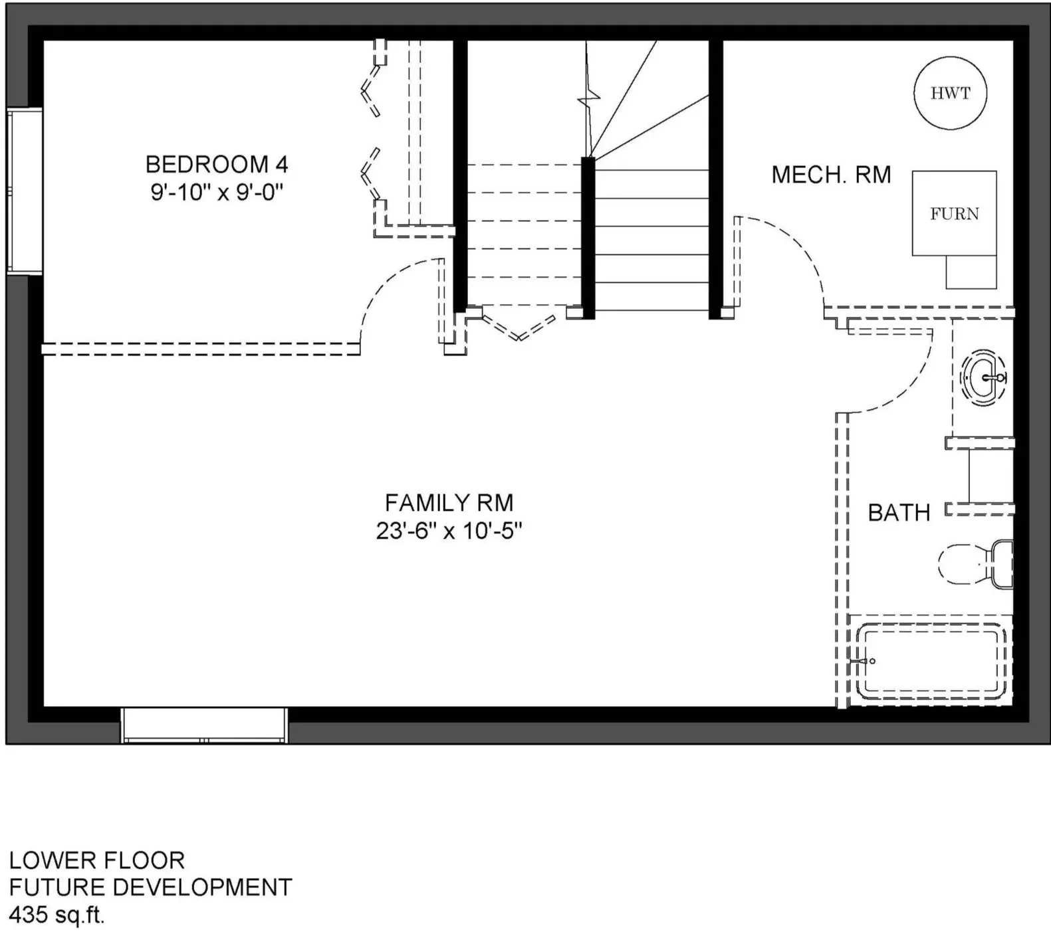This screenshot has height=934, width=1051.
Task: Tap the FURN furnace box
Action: pyautogui.click(x=954, y=213)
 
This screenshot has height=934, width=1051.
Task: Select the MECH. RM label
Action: pyautogui.click(x=831, y=175)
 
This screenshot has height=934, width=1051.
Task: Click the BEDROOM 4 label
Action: pyautogui.click(x=217, y=164)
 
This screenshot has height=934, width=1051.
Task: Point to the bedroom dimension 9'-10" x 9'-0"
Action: pyautogui.click(x=217, y=193)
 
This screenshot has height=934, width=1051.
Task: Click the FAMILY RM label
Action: pyautogui.click(x=449, y=502)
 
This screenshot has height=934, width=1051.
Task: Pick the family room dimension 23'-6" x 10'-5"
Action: pyautogui.click(x=449, y=531)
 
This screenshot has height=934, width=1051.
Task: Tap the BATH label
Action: pyautogui.click(x=899, y=513)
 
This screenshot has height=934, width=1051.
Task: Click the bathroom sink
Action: pyautogui.click(x=983, y=378)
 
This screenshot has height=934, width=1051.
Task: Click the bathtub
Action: pyautogui.click(x=931, y=661)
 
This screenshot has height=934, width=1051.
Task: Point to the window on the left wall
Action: pyautogui.click(x=25, y=191)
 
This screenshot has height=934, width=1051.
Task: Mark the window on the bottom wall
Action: pyautogui.click(x=204, y=725)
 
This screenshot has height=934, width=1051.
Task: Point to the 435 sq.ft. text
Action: pyautogui.click(x=57, y=915)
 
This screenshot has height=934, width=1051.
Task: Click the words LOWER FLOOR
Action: pyautogui.click(x=96, y=860)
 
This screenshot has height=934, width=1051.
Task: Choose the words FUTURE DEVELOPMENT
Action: pyautogui.click(x=150, y=887)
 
